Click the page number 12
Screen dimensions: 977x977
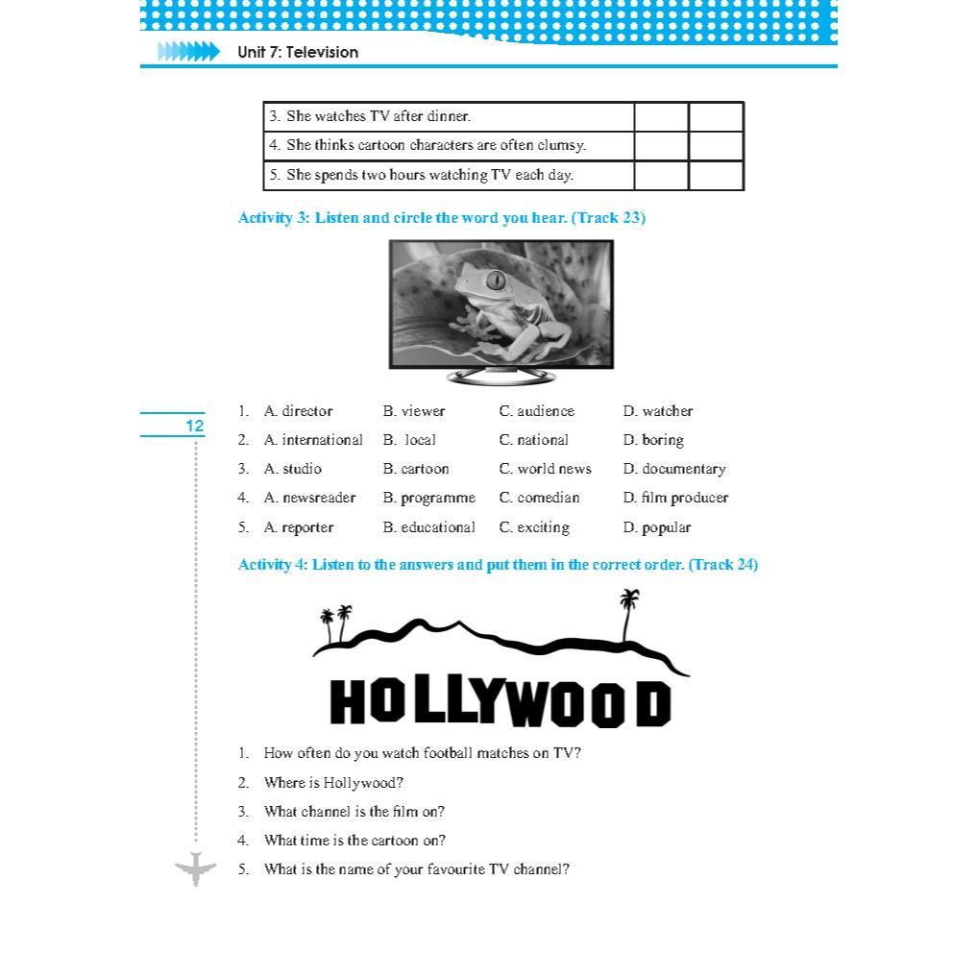194,426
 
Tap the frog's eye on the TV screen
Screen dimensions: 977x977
496,281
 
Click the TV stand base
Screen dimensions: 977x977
501,377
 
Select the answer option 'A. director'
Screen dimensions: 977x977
298,411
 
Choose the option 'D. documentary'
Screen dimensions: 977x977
673,469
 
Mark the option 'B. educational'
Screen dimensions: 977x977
428,527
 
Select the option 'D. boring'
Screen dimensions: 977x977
653,440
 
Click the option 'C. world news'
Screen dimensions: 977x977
545,469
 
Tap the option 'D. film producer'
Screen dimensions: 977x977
675,498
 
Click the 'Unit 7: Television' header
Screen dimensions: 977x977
298,52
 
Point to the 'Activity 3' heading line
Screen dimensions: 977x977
441,218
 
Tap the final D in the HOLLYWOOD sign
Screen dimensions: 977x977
652,704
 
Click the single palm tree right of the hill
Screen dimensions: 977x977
629,613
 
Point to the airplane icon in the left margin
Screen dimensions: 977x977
196,868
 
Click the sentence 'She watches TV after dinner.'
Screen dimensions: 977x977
379,116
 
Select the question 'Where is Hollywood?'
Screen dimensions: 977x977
333,782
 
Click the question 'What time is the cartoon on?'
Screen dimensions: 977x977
354,841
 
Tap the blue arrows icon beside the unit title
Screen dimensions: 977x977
188,52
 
